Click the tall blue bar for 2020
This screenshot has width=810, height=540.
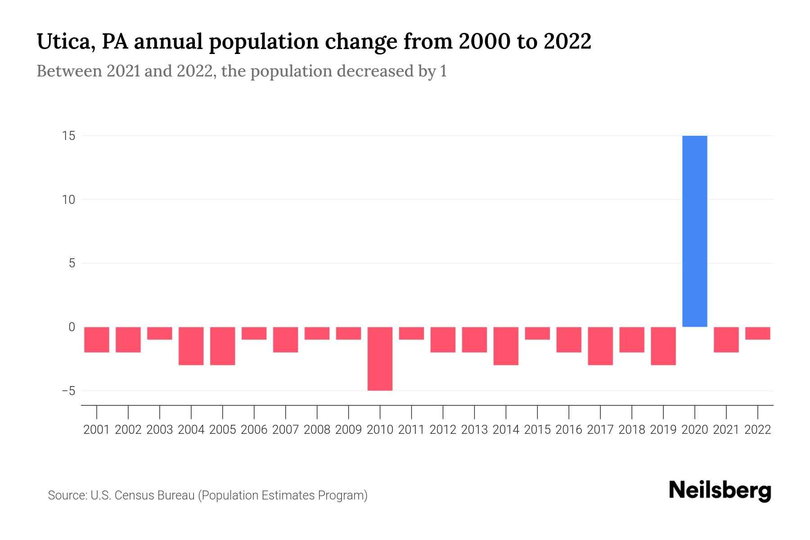[x=695, y=231]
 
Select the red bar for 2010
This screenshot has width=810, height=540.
[x=380, y=359]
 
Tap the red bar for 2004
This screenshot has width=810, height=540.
[x=191, y=346]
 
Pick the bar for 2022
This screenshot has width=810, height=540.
[x=758, y=333]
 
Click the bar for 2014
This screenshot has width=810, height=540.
[x=506, y=346]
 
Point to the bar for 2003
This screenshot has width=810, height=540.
[x=160, y=333]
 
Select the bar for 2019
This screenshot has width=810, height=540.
[x=663, y=346]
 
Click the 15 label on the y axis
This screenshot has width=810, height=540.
[x=68, y=136]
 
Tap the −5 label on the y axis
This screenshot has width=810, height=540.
[x=68, y=391]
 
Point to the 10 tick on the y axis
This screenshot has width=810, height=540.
[x=68, y=200]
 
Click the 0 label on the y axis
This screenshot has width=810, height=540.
[x=72, y=327]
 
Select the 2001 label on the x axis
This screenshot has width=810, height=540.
[x=97, y=430]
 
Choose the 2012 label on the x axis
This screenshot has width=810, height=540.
[x=443, y=430]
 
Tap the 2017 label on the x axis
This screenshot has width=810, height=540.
[x=600, y=430]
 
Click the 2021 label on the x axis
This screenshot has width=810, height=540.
[x=726, y=430]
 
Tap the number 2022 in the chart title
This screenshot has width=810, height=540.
[x=567, y=41]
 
